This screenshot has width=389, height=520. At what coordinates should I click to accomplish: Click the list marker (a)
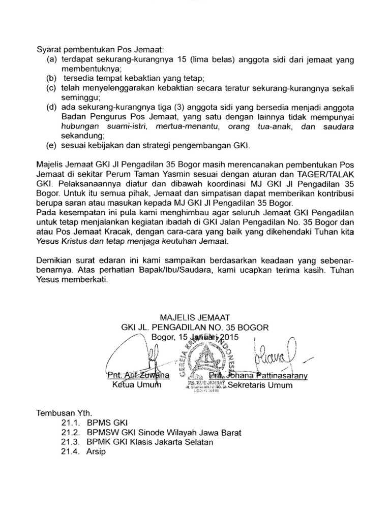51,60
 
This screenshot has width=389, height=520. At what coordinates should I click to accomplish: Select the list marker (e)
51,146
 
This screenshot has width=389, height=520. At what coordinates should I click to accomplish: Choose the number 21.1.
69,424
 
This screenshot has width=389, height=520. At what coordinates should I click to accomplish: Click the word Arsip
95,452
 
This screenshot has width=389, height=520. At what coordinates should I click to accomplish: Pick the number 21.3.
69,442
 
